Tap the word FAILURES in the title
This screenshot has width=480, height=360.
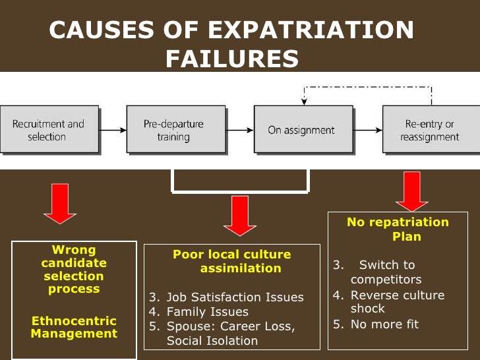pyautogui.click(x=232, y=59)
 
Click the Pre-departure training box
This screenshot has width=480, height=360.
pyautogui.click(x=174, y=130)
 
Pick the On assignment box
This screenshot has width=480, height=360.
pyautogui.click(x=301, y=130)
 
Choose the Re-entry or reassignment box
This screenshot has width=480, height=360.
pyautogui.click(x=429, y=130)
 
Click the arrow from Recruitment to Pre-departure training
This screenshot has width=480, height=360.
pyautogui.click(x=112, y=130)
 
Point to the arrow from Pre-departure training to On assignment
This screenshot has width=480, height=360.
pyautogui.click(x=240, y=130)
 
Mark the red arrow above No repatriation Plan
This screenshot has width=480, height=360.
pyautogui.click(x=412, y=192)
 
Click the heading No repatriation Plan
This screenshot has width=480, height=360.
pyautogui.click(x=398, y=229)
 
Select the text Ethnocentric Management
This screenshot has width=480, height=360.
pyautogui.click(x=74, y=327)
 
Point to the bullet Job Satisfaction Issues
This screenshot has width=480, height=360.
pyautogui.click(x=235, y=297)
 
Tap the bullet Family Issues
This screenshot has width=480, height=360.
pyautogui.click(x=207, y=311)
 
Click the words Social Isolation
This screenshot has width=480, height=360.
pyautogui.click(x=212, y=341)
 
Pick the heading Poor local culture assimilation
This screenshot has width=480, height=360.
pyautogui.click(x=231, y=261)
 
